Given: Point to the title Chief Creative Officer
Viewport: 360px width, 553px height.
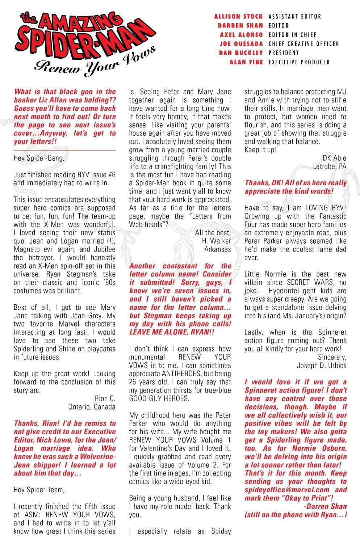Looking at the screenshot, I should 304,44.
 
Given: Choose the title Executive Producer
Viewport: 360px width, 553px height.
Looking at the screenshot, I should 299,62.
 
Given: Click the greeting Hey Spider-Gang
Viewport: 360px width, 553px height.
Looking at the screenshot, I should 40,158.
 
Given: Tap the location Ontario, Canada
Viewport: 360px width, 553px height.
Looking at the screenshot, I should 92,406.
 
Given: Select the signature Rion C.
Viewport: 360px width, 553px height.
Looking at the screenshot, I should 105,398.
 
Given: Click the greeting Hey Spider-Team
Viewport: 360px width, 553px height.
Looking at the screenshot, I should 39,490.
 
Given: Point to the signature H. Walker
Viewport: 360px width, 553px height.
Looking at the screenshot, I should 216,241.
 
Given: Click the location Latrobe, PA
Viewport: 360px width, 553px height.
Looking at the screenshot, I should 330,166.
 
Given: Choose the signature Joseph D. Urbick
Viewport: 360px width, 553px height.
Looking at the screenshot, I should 321,365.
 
